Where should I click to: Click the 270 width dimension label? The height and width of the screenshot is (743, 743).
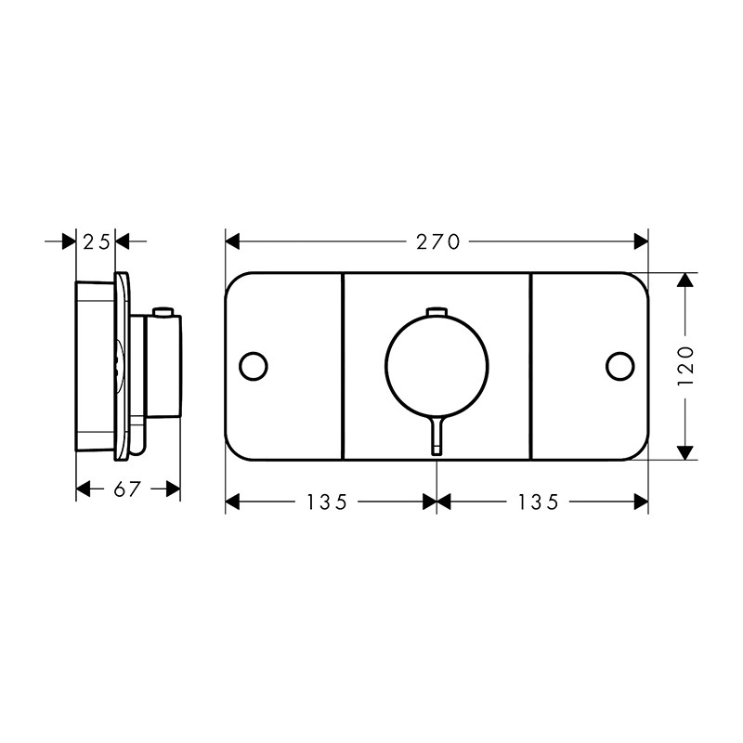point(437,242)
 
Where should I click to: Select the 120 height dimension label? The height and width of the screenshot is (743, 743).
point(685,366)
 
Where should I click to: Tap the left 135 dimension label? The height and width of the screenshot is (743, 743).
point(328,502)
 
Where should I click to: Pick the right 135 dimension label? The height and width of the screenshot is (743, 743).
point(539,502)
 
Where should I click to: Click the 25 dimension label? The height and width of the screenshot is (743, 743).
point(97,242)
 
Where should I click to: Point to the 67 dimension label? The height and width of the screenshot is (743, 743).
point(127,489)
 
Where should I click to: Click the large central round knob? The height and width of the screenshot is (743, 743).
point(437,365)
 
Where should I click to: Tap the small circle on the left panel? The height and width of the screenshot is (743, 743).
point(254,366)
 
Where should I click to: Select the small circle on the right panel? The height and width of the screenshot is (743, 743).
point(620,366)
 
